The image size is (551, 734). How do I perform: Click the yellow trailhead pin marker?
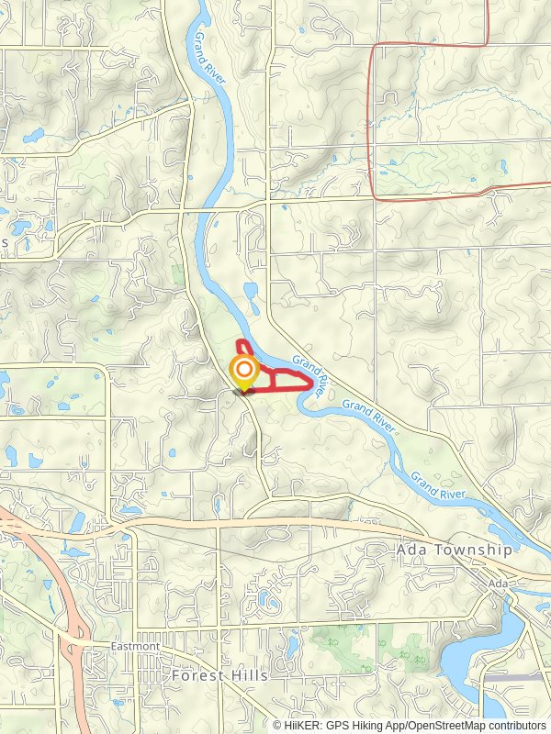pos(243,373)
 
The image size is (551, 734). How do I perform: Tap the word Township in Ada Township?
pos(483,550)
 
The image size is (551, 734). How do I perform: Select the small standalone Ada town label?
pos(499,584)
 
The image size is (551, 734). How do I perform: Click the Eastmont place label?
pos(136,646)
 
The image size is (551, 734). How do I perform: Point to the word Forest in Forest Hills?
pos(197,675)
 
